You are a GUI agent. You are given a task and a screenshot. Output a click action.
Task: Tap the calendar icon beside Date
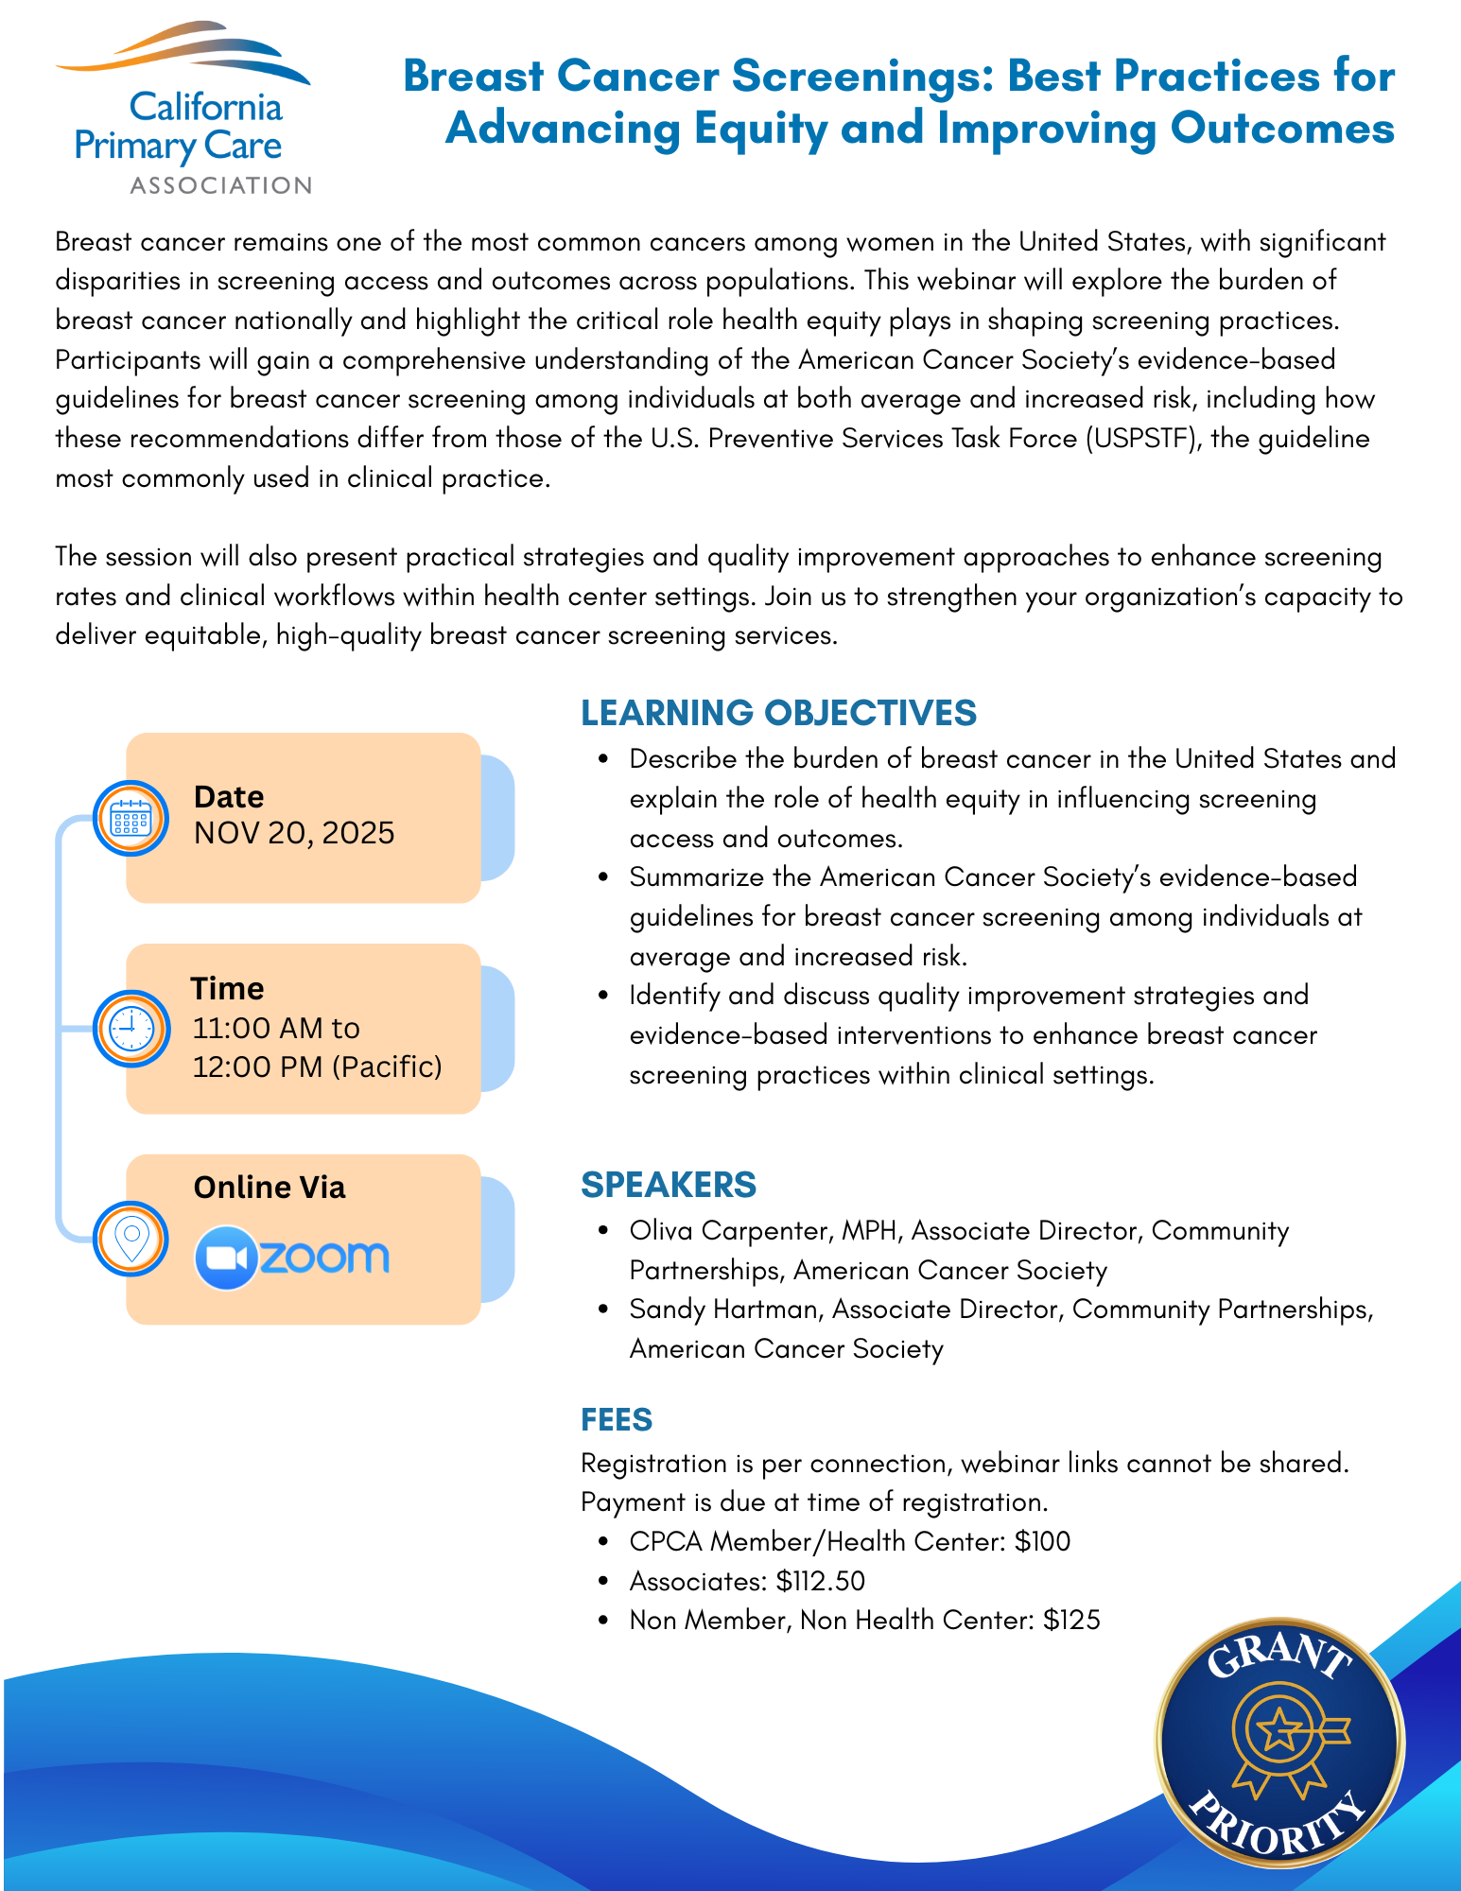pyautogui.click(x=131, y=818)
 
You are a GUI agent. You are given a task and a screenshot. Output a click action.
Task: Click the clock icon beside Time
pyautogui.click(x=131, y=1029)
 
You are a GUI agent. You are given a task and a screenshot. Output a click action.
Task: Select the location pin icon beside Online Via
pyautogui.click(x=131, y=1239)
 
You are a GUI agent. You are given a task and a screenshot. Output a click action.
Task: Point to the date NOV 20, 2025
pyautogui.click(x=294, y=833)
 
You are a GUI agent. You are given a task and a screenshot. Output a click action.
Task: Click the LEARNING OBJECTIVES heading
pyautogui.click(x=778, y=713)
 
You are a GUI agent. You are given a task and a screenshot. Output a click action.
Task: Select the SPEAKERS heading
pyautogui.click(x=669, y=1185)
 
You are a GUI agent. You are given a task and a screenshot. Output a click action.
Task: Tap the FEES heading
pyautogui.click(x=617, y=1420)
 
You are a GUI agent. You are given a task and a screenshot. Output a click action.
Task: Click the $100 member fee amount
pyautogui.click(x=1042, y=1542)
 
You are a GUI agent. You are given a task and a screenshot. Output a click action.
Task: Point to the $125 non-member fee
pyautogui.click(x=1071, y=1621)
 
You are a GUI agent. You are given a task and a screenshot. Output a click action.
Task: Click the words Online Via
pyautogui.click(x=270, y=1188)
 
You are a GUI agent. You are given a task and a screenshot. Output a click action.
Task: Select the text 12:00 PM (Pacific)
pyautogui.click(x=318, y=1067)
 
